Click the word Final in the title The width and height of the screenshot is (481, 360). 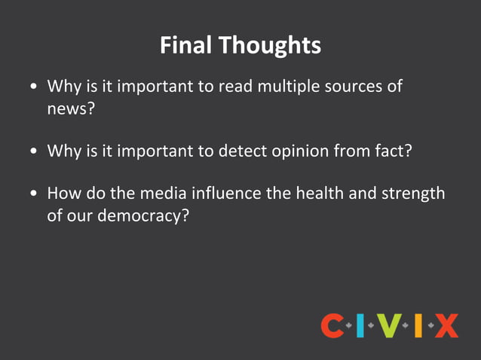tap(186, 45)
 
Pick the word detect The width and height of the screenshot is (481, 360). tap(240, 151)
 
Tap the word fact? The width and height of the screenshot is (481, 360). tap(391, 151)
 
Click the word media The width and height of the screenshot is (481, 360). tap(149, 194)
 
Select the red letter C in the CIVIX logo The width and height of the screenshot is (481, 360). tap(332, 326)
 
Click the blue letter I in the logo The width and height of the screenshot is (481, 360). tap(361, 326)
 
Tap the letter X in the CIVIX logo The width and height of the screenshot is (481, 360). tap(446, 326)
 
